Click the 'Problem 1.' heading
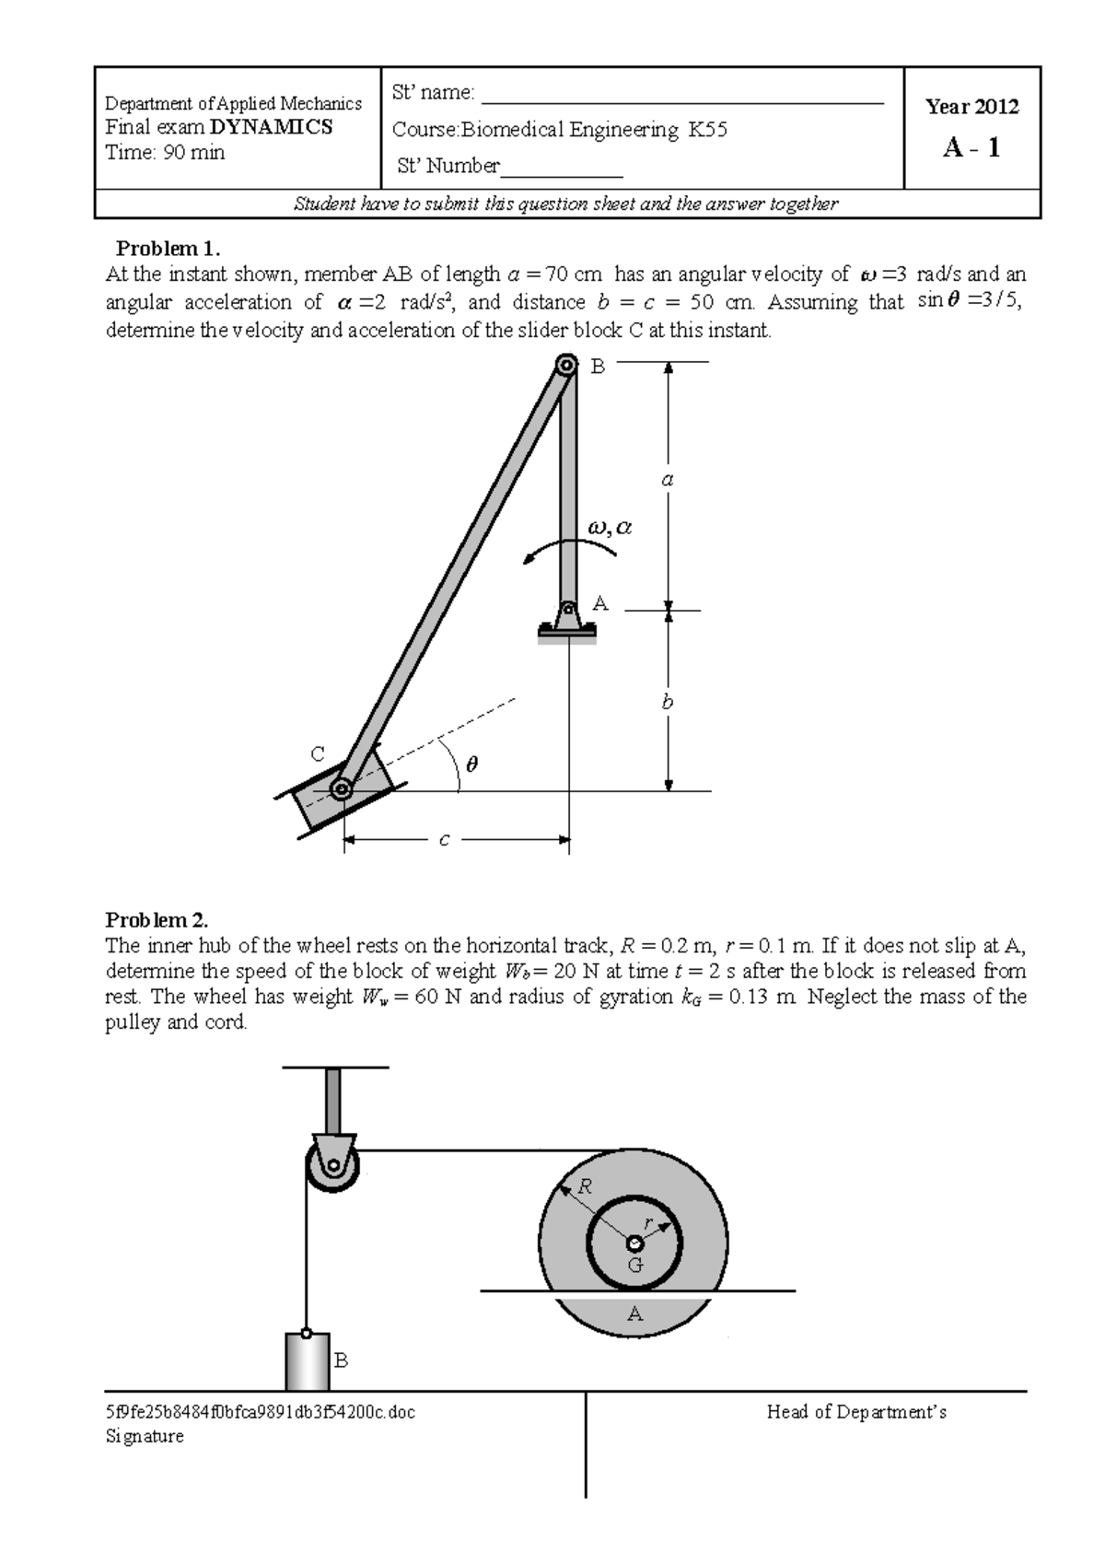click(x=169, y=249)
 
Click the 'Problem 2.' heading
click(x=157, y=920)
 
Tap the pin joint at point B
click(x=565, y=367)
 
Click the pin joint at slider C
click(x=341, y=789)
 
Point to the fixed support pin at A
click(x=568, y=609)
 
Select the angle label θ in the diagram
click(x=472, y=764)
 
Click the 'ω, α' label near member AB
click(x=609, y=528)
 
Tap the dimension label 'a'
click(x=669, y=479)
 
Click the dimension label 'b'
click(x=668, y=702)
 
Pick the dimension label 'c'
click(x=444, y=840)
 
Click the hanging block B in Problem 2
click(x=307, y=1361)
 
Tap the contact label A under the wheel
click(x=634, y=1314)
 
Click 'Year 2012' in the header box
click(x=971, y=107)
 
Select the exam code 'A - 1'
click(x=971, y=147)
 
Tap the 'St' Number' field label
click(x=448, y=166)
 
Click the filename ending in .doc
click(x=261, y=1412)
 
